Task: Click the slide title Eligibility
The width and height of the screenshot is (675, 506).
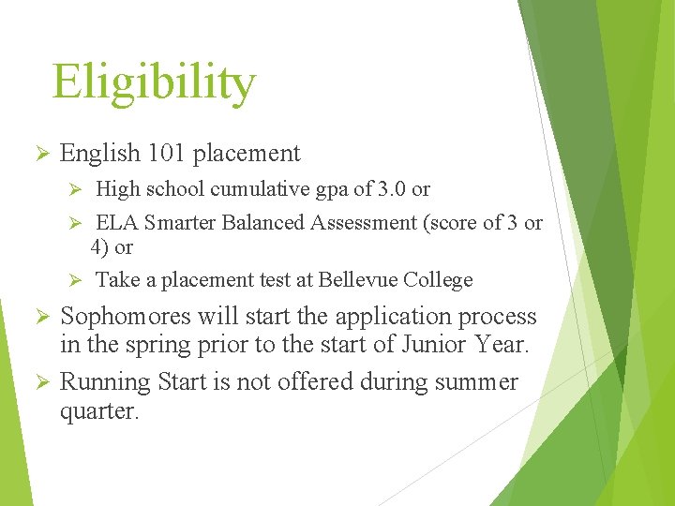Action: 153,82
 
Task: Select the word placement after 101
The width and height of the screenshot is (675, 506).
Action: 249,154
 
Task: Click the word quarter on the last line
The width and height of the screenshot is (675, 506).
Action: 97,411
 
